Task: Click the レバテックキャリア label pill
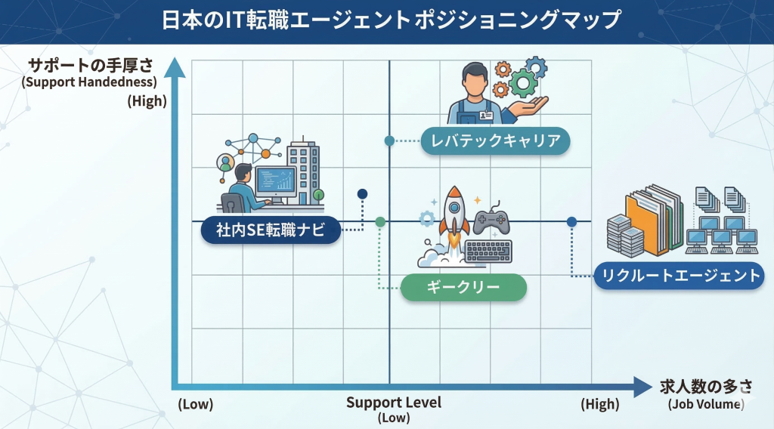[x=495, y=140]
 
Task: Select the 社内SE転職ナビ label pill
[x=270, y=230]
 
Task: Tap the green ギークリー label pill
[x=463, y=287]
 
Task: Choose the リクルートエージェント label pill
[x=678, y=275]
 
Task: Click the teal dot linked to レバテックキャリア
[x=389, y=140]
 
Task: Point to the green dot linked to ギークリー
[x=380, y=221]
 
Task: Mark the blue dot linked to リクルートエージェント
[x=571, y=221]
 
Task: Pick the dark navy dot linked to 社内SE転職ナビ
[x=362, y=194]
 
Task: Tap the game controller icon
[x=491, y=220]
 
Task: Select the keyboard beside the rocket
[x=488, y=251]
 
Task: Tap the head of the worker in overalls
[x=474, y=78]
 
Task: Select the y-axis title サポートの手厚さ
[x=90, y=65]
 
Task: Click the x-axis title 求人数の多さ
[x=706, y=386]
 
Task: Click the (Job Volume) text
[x=706, y=404]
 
